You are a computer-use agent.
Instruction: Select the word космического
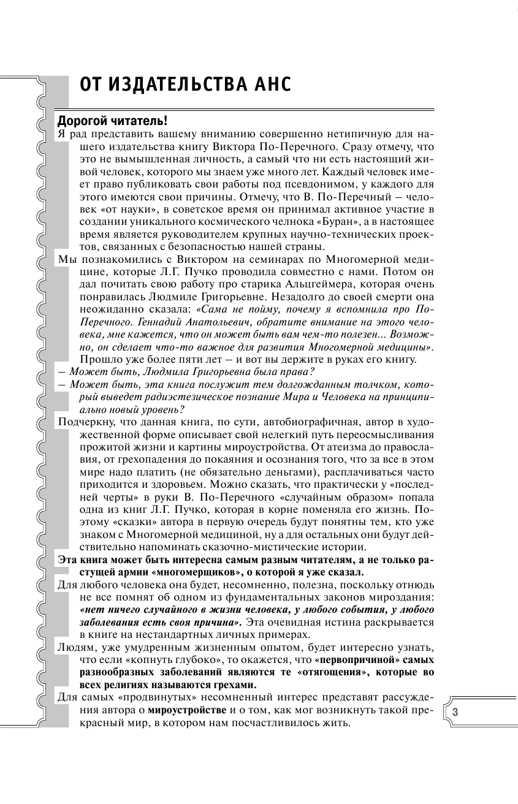point(220,220)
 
